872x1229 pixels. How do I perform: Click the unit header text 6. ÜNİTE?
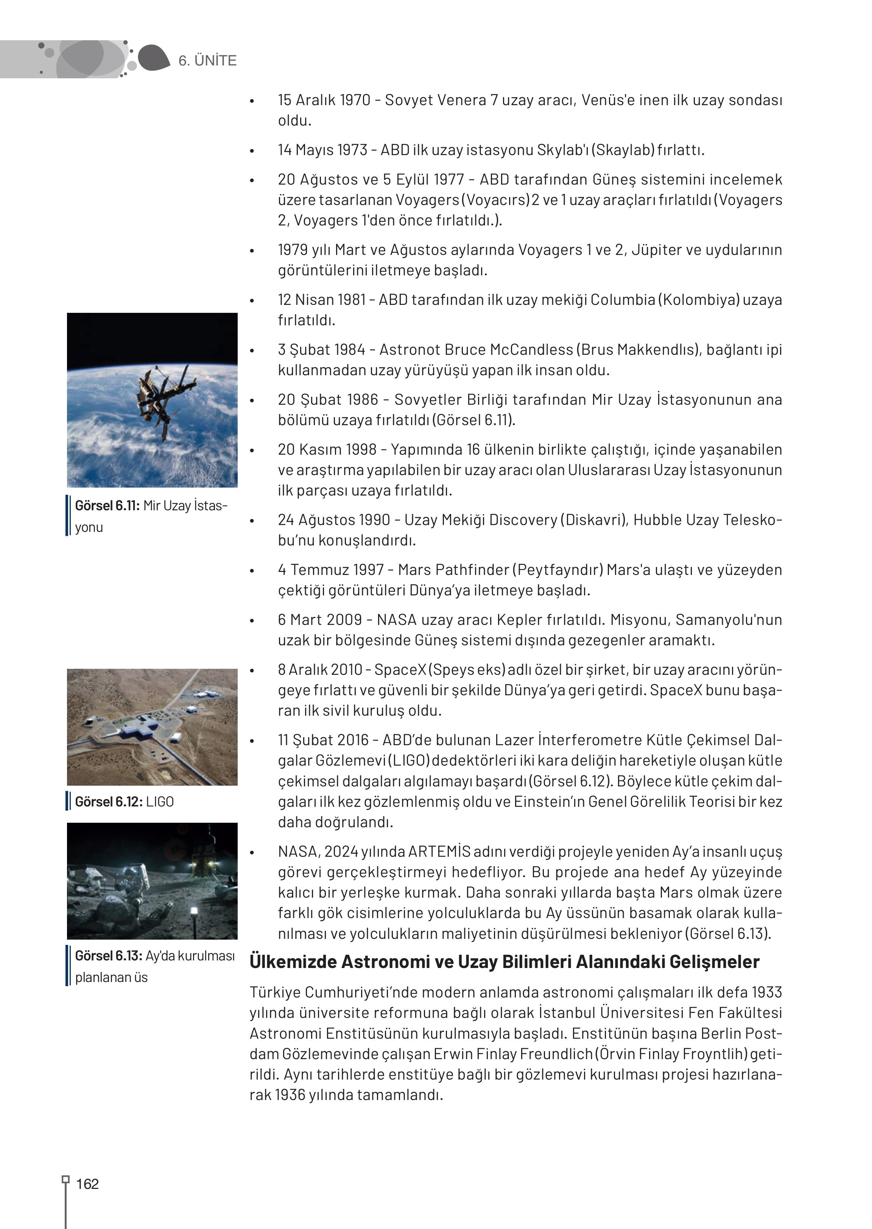(207, 61)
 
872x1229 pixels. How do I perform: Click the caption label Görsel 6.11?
(107, 505)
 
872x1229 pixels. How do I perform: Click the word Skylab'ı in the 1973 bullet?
(562, 150)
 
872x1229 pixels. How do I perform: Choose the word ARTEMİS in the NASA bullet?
(439, 852)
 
